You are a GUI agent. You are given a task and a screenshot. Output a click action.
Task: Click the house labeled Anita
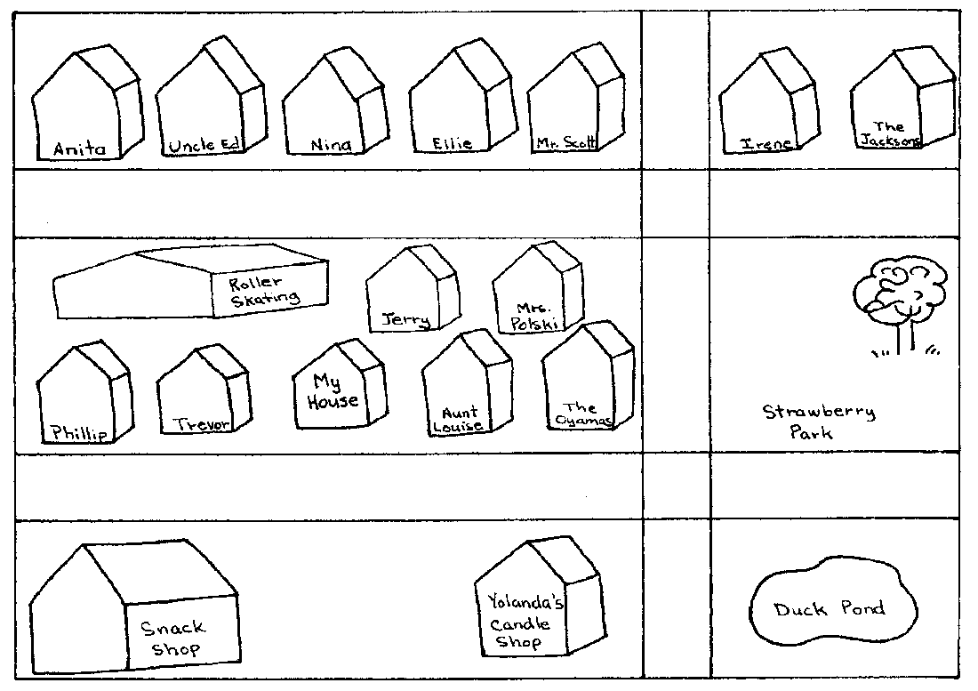coord(86,103)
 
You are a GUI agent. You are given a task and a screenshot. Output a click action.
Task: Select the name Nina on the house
coord(331,145)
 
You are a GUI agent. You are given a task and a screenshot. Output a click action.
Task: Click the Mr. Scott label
coord(566,143)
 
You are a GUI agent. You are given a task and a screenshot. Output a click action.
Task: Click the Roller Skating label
coord(264,292)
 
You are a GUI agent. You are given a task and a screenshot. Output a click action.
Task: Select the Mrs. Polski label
coord(534,317)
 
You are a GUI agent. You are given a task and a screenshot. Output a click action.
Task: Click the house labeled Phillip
coord(84,392)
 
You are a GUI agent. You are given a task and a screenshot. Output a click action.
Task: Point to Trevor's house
coord(204,390)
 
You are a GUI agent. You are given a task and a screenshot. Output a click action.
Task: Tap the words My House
coord(333,391)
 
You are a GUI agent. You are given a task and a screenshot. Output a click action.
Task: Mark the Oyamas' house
coord(589,377)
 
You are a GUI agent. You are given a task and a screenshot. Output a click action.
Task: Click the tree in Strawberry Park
coord(901,307)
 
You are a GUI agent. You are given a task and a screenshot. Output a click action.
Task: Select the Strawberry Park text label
coord(818,422)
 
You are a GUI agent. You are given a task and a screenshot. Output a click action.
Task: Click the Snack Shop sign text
coord(172,638)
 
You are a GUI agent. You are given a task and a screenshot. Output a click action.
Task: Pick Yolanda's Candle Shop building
coord(540,598)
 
